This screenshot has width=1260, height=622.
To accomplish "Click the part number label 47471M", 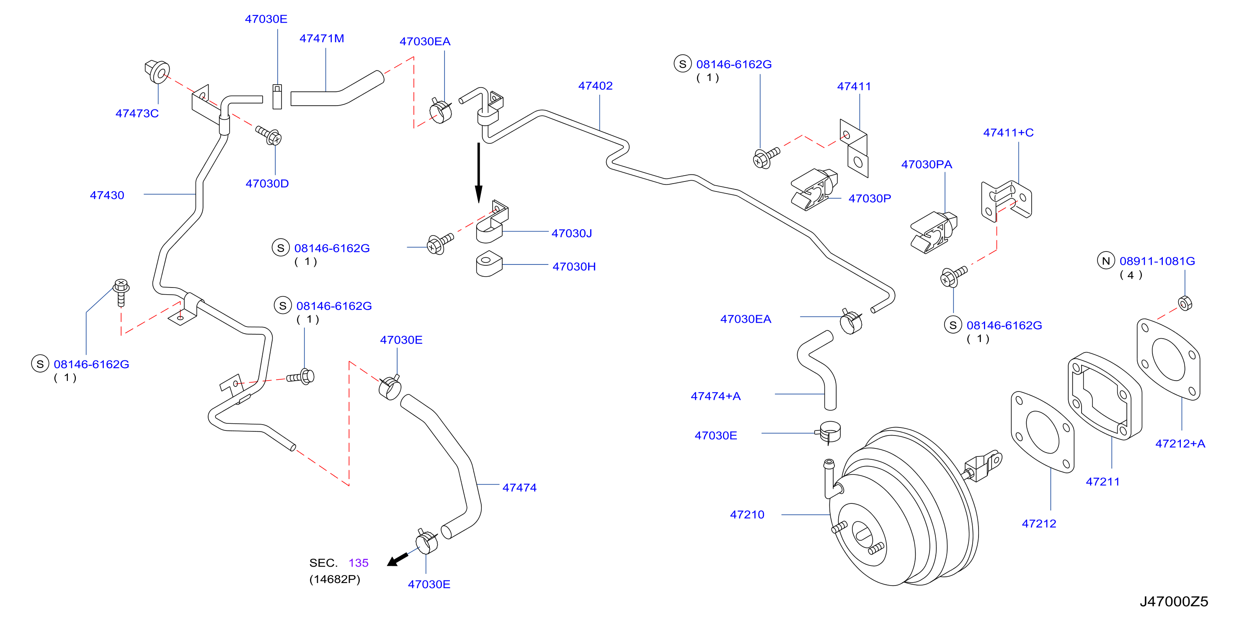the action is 321,38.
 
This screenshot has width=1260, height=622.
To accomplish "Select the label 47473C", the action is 137,113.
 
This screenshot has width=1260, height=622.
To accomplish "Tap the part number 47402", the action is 595,86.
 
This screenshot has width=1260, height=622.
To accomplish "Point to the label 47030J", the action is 571,233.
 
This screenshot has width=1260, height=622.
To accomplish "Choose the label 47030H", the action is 574,267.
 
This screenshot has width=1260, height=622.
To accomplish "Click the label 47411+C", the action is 1008,132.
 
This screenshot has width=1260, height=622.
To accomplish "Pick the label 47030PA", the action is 927,164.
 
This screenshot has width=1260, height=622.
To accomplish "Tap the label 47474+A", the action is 715,396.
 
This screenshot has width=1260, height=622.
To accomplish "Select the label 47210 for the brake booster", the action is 747,514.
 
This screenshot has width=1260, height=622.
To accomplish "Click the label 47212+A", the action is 1180,443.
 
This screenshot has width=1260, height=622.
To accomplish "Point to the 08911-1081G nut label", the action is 1157,261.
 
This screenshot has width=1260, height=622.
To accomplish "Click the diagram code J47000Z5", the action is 1174,601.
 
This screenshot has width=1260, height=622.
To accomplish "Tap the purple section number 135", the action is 359,563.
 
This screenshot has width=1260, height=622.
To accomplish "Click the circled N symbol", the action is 1106,261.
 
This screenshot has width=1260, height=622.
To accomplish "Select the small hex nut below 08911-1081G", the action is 1185,303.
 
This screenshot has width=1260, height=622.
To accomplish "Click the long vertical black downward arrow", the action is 478,172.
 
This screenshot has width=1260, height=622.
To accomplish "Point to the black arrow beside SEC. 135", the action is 397,560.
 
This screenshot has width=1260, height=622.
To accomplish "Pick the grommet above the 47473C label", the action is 157,71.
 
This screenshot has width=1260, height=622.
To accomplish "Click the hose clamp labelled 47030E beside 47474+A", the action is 829,432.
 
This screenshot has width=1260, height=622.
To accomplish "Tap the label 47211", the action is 1102,482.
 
